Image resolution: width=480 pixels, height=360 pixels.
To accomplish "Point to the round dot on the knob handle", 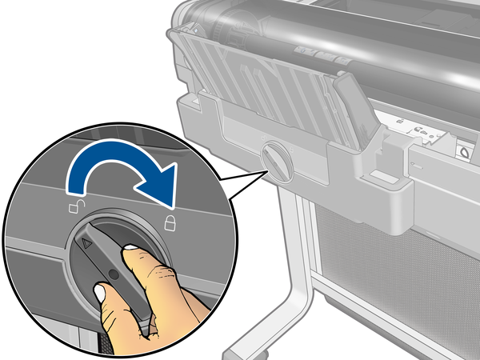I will click(113, 274).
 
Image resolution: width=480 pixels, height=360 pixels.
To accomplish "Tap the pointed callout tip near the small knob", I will click(263, 169).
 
